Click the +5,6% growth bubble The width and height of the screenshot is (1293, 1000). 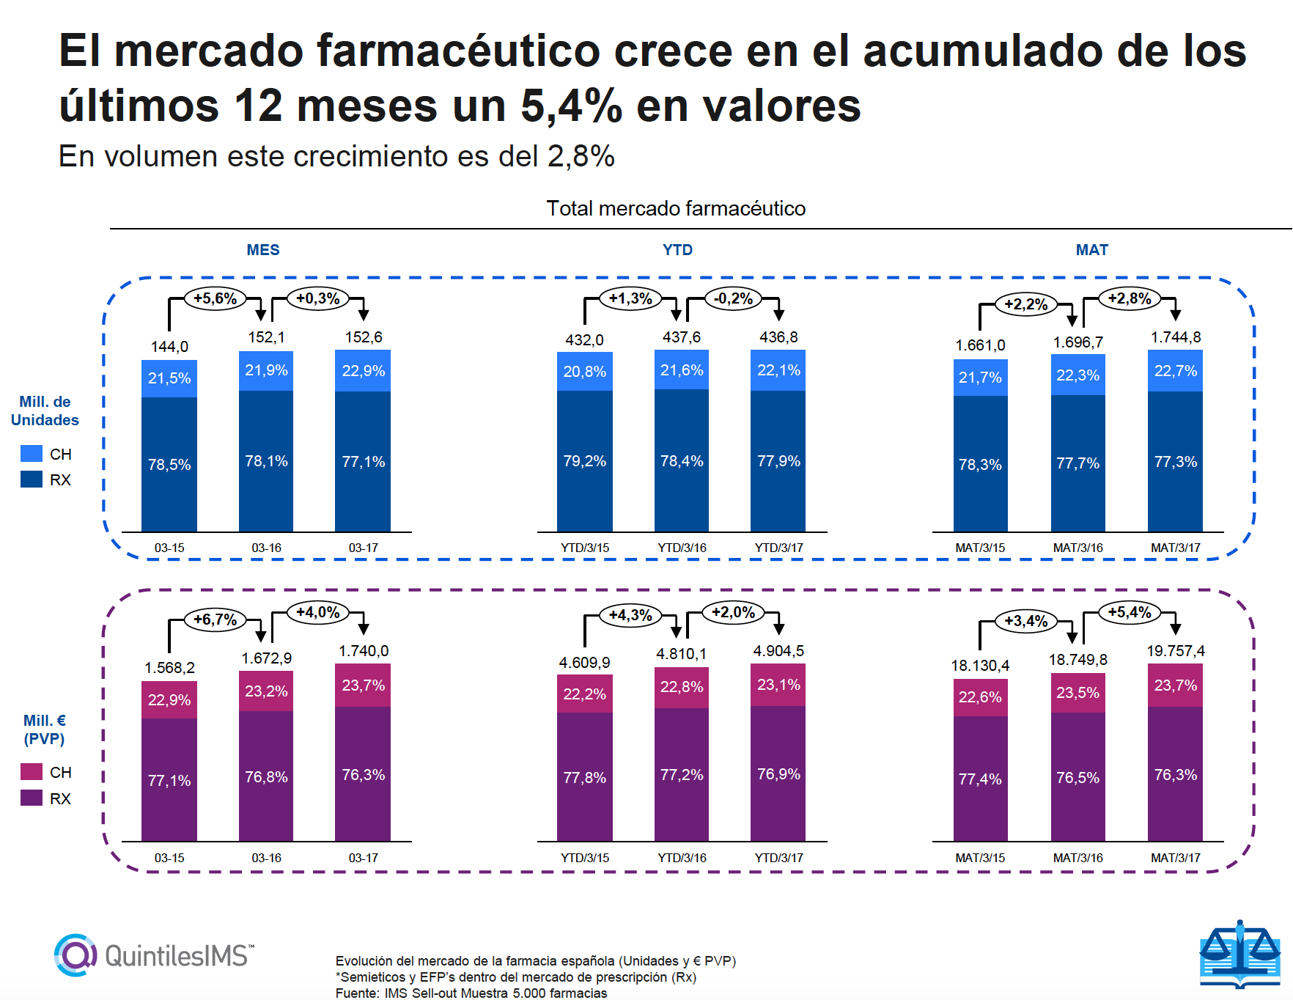click(x=215, y=298)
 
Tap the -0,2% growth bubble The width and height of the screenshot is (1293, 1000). click(x=733, y=298)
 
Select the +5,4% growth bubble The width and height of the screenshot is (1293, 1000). click(x=1129, y=612)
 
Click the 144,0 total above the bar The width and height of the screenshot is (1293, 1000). click(x=169, y=347)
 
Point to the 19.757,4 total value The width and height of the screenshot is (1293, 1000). click(x=1175, y=651)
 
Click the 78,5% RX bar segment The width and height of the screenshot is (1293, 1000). click(x=169, y=464)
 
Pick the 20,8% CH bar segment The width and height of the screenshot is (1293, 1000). click(x=584, y=372)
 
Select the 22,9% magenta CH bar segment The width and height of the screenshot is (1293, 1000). click(x=169, y=700)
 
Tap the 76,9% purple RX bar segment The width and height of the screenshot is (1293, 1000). click(x=778, y=774)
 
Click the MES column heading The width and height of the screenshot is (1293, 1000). click(x=263, y=250)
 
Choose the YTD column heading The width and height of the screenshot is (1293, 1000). click(x=677, y=250)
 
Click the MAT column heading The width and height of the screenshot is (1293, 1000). click(x=1091, y=250)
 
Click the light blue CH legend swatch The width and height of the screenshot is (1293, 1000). click(x=32, y=454)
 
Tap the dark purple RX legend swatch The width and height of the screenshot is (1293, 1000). click(x=32, y=798)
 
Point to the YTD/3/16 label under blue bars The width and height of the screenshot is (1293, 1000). click(x=682, y=548)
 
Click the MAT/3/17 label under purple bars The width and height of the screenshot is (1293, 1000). click(x=1175, y=858)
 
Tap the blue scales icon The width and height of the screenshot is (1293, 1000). click(x=1239, y=954)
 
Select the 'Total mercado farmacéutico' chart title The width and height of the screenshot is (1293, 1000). click(x=676, y=209)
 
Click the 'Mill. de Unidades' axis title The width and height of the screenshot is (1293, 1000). click(x=45, y=411)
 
